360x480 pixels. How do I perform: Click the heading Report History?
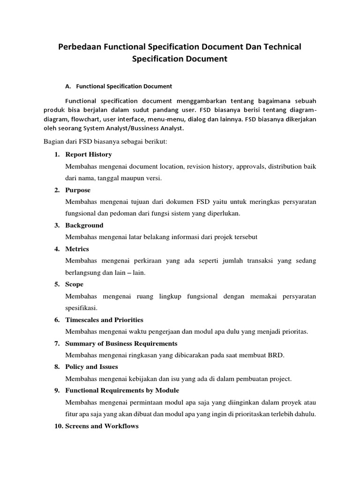[89, 154]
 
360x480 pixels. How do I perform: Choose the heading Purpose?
[78, 190]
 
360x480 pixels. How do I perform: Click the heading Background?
[84, 225]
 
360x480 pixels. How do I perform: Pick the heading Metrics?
[77, 249]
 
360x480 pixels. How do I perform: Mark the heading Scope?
[75, 284]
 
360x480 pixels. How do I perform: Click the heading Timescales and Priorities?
[104, 320]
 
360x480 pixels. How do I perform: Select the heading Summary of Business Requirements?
[121, 343]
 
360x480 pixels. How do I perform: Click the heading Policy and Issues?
[91, 367]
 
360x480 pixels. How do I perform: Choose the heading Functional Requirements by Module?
[122, 390]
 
